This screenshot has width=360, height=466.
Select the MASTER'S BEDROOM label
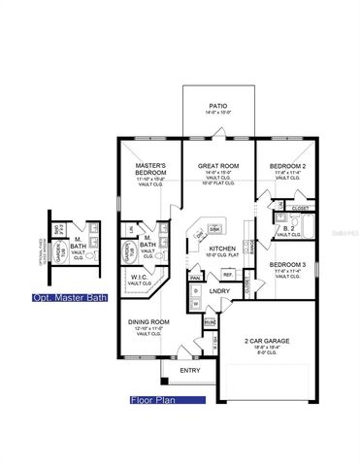tap(150, 169)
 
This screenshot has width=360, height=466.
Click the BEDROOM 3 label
tap(288, 265)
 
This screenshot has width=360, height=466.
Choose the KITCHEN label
tap(223, 250)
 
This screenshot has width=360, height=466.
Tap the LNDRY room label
tap(219, 290)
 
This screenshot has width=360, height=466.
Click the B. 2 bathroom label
tap(286, 229)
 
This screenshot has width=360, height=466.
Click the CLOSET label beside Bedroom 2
tap(300, 207)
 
